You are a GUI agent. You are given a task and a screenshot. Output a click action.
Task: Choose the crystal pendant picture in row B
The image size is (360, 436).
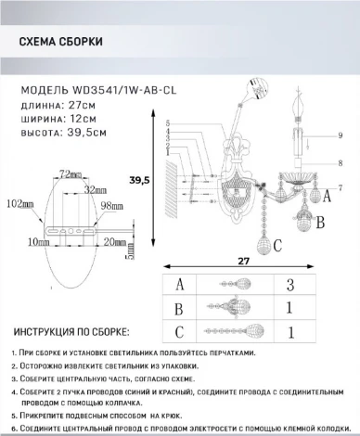[x=229, y=309]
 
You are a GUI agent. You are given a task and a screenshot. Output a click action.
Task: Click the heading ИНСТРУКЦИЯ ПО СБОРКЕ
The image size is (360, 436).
[x=70, y=331]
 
